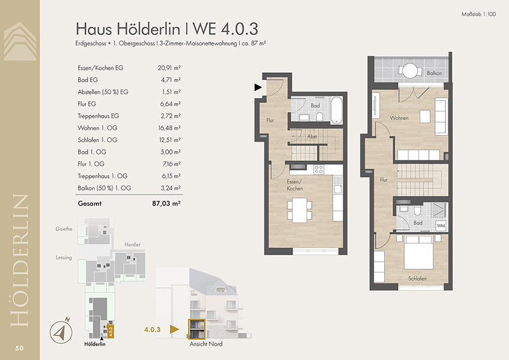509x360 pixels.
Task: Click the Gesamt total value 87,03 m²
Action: pyautogui.click(x=166, y=204)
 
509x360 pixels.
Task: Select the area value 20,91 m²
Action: pyautogui.click(x=169, y=68)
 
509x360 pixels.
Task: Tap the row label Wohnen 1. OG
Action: pyautogui.click(x=98, y=128)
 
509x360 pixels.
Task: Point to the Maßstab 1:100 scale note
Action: pyautogui.click(x=478, y=14)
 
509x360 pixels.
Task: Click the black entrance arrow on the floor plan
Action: pyautogui.click(x=258, y=87)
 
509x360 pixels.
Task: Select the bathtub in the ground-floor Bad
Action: pyautogui.click(x=336, y=110)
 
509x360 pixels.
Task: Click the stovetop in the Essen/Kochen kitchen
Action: pyautogui.click(x=318, y=169)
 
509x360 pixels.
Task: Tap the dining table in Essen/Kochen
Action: pyautogui.click(x=299, y=210)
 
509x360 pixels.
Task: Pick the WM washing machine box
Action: pyautogui.click(x=440, y=225)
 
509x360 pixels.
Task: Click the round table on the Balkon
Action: pyautogui.click(x=410, y=70)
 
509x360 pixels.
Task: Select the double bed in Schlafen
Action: pyautogui.click(x=418, y=252)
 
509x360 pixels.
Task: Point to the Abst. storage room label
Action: pyautogui.click(x=313, y=137)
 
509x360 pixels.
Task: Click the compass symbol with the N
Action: pyautogui.click(x=61, y=332)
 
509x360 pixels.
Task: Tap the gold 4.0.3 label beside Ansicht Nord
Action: pyautogui.click(x=152, y=329)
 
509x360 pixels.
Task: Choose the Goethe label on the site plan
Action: pyautogui.click(x=64, y=229)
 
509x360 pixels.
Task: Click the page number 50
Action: pyautogui.click(x=19, y=348)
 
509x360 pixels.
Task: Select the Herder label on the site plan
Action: pyautogui.click(x=133, y=245)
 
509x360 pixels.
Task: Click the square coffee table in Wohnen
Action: pyautogui.click(x=425, y=117)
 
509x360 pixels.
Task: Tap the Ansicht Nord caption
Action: pyautogui.click(x=206, y=344)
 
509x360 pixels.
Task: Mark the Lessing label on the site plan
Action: pyautogui.click(x=64, y=258)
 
